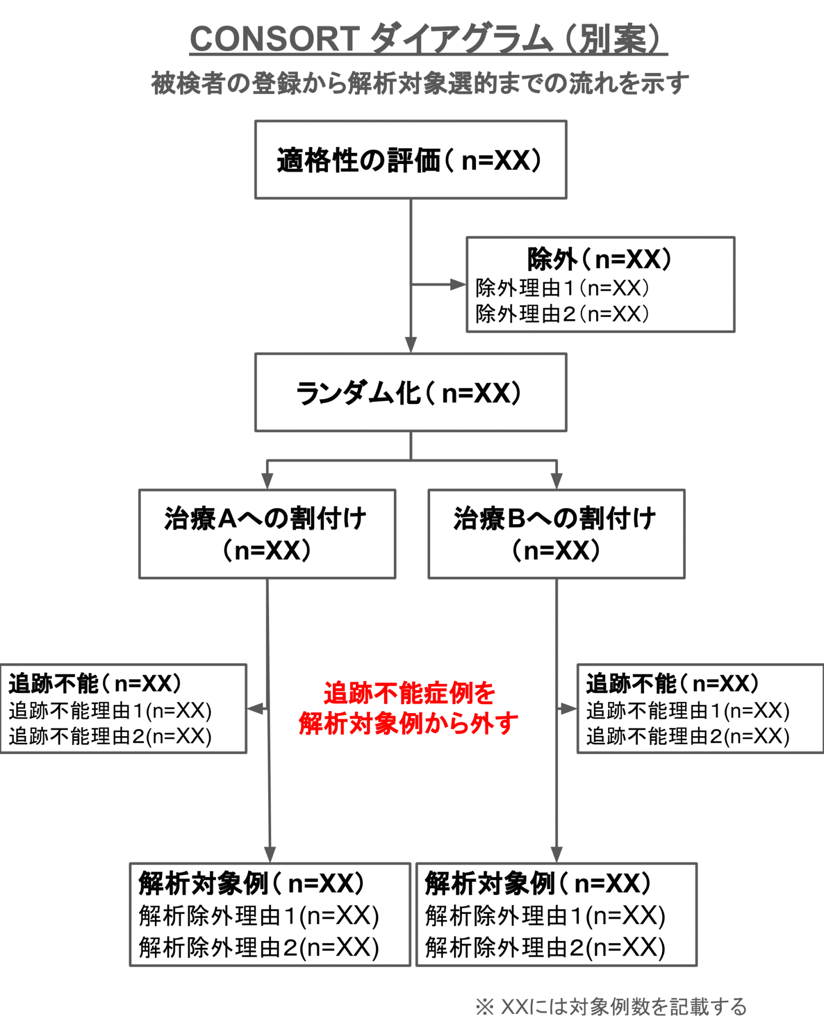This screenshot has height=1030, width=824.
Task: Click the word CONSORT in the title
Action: [274, 39]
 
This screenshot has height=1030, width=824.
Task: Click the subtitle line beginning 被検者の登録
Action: [420, 83]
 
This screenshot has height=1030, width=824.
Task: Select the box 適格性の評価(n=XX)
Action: [410, 160]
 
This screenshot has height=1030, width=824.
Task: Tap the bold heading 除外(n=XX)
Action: [599, 260]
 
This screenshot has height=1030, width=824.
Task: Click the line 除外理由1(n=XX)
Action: [562, 288]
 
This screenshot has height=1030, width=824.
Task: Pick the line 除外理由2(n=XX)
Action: [562, 314]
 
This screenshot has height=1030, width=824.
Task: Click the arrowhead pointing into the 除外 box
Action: [458, 285]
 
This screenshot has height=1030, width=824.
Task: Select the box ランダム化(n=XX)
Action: [410, 392]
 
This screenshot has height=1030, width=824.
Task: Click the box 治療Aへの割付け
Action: [267, 534]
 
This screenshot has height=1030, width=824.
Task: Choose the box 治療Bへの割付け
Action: [556, 534]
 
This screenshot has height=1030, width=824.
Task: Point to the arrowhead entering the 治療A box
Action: [267, 481]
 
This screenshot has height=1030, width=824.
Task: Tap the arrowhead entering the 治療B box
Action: [556, 481]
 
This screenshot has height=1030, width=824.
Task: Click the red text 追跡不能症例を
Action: [409, 693]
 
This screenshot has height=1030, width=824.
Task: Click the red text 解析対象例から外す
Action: [408, 723]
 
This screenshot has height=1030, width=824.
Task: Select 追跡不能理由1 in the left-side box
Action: [110, 711]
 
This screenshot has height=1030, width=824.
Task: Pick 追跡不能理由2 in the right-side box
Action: [688, 736]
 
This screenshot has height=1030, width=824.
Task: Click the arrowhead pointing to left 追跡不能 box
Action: [256, 709]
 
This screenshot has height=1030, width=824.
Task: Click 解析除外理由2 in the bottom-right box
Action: [545, 948]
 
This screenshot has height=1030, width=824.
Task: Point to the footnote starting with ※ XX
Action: [611, 1007]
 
